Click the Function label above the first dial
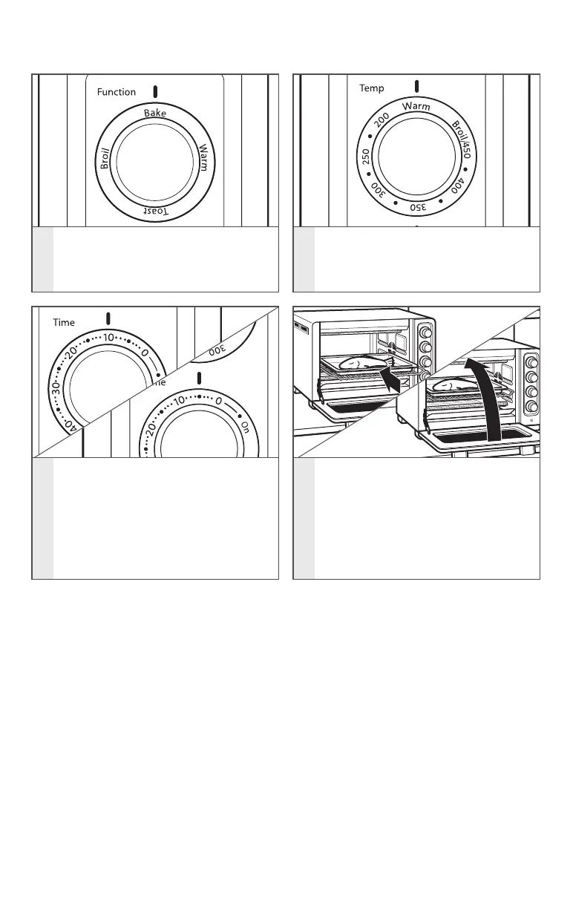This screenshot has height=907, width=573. pos(117,92)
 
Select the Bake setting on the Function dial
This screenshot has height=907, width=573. pos(155,114)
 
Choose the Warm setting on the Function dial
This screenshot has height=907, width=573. pos(203,157)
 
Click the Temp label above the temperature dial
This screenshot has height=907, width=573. pos(372,88)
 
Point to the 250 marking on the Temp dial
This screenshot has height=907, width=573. pos(366,158)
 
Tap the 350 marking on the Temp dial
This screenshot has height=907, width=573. pos(418,207)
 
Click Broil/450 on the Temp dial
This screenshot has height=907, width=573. pos(462,140)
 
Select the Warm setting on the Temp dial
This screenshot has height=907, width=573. pos(416,107)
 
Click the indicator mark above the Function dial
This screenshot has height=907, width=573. pos(155,92)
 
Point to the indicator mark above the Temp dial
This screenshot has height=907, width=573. pos(417,86)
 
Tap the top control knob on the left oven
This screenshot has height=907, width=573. pos(426,329)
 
